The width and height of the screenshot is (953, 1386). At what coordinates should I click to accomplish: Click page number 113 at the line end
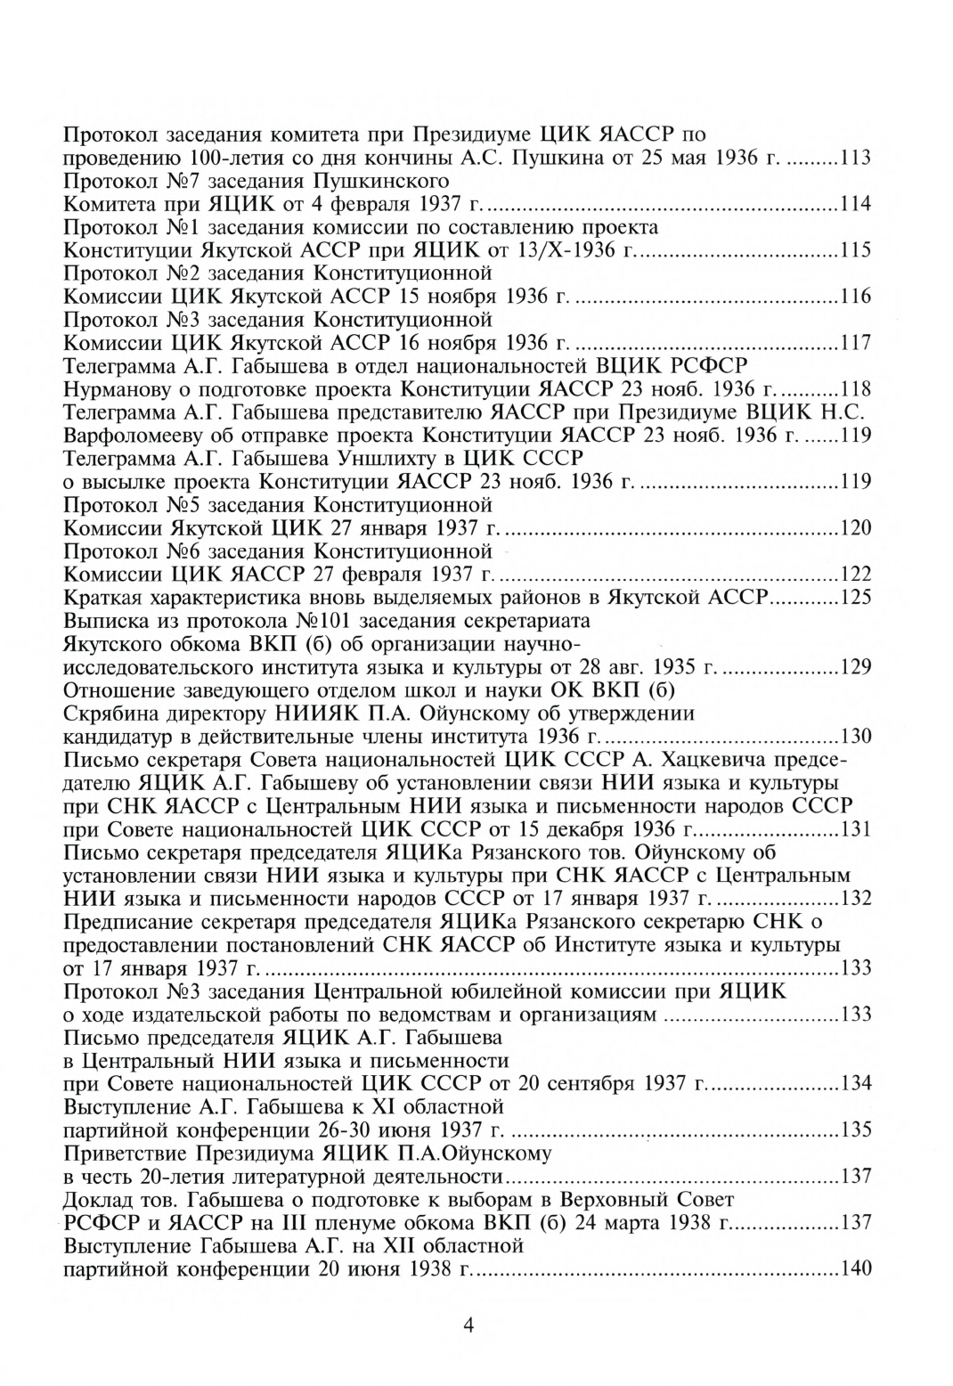pos(855,159)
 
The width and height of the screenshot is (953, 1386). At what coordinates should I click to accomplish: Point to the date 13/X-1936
pos(577,250)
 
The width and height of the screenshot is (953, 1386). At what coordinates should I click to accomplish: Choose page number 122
pos(855,575)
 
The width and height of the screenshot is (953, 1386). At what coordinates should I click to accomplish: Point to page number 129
pos(855,667)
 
